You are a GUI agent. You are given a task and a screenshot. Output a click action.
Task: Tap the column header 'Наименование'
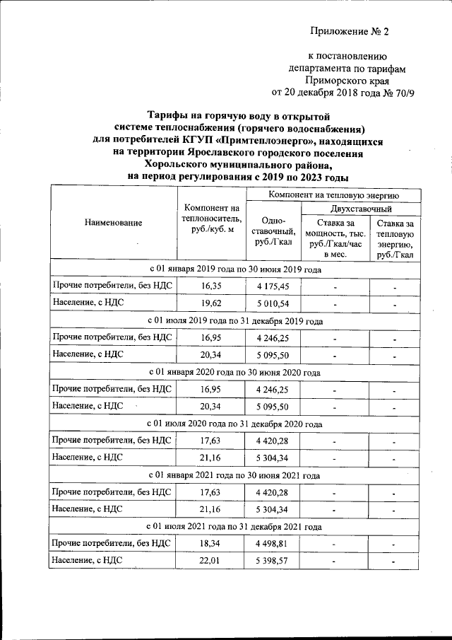113,223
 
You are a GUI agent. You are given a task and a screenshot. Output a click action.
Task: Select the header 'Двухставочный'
362,209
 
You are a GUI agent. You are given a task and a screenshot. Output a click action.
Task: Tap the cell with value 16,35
212,286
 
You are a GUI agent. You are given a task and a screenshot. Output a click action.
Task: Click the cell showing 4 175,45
273,286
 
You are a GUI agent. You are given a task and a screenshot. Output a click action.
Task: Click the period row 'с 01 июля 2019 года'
236,321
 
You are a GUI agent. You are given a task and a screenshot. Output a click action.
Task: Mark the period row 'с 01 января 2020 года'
236,372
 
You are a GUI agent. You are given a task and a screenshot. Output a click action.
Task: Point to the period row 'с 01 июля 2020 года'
236,424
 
